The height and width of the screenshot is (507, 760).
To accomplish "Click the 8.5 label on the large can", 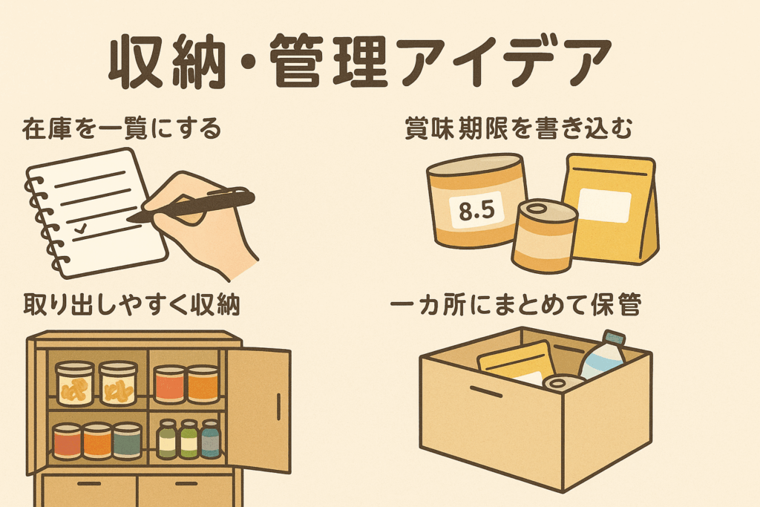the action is [x=477, y=211].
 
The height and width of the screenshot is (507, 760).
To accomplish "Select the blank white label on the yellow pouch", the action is [x=604, y=205].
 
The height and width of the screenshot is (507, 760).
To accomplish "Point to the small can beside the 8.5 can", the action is [x=544, y=236].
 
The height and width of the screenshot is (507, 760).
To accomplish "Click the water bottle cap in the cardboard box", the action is [x=614, y=338].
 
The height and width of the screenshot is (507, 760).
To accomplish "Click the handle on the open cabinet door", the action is [x=279, y=407].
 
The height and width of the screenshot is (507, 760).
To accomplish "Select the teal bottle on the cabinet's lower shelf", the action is [x=211, y=439].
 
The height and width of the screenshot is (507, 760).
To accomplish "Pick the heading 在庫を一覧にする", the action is [x=122, y=129].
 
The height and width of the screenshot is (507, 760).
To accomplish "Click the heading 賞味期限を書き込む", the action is [x=518, y=129].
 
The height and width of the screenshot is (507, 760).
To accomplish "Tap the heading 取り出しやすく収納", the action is [x=132, y=305].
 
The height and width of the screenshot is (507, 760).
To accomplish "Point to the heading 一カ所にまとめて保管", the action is [x=516, y=305].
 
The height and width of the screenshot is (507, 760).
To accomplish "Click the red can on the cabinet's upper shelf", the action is [x=170, y=385].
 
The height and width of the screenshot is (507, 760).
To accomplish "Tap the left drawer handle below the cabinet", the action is [x=89, y=484].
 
